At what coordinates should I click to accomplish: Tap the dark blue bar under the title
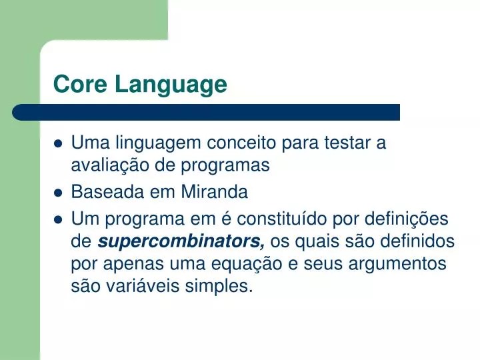[207, 112]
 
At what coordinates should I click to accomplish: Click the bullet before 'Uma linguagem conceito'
[58, 143]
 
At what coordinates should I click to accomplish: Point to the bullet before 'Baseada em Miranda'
[58, 193]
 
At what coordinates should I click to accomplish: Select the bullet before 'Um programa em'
[58, 219]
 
